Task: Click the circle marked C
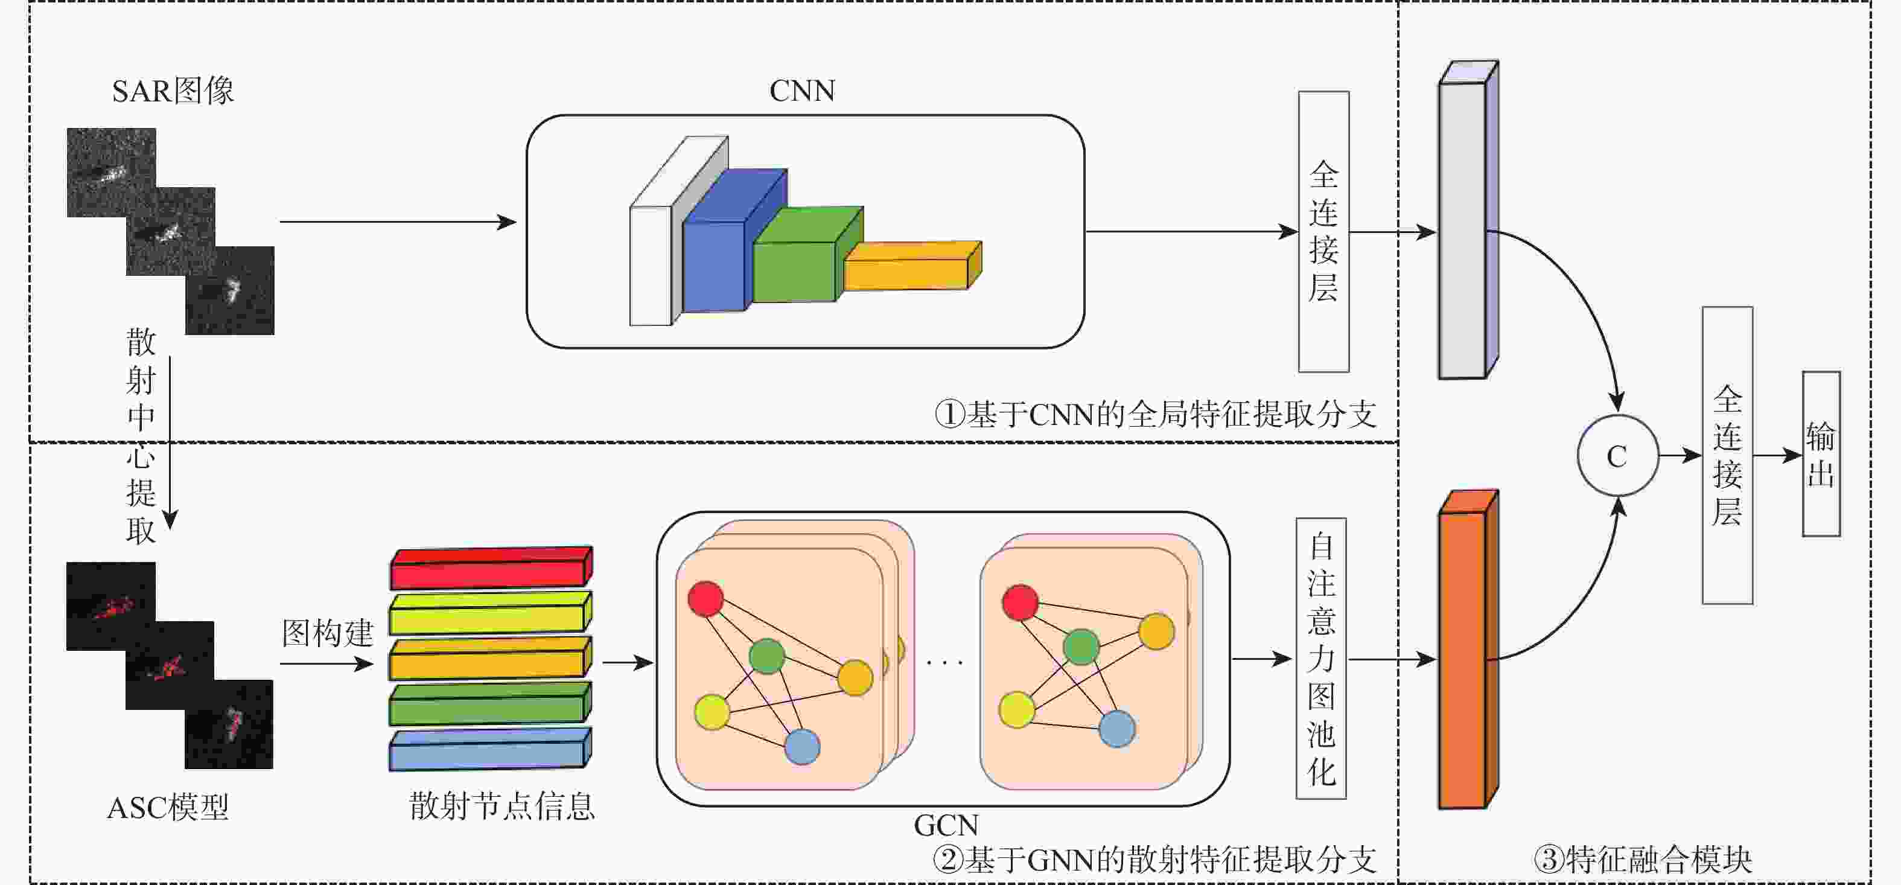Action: tap(1617, 455)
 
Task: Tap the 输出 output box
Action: tap(1821, 454)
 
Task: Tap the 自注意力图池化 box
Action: tap(1321, 659)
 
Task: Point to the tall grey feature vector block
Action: tap(1463, 230)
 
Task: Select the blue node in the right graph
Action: tap(1116, 729)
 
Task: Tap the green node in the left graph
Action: tap(767, 656)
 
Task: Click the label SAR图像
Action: tap(173, 91)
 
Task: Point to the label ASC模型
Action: tap(168, 808)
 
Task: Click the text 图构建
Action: tap(328, 633)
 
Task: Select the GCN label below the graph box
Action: tap(946, 825)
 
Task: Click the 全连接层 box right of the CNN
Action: tap(1323, 231)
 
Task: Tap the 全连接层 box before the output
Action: tap(1727, 455)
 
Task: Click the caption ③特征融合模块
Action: tap(1643, 859)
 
